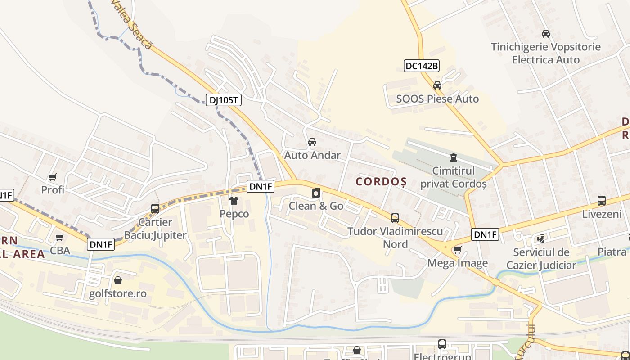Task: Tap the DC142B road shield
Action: pos(422,66)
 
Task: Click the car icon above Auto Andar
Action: pos(312,142)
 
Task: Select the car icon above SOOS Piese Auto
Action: pos(437,85)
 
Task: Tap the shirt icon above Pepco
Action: pos(234,200)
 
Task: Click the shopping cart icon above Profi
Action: pos(53,177)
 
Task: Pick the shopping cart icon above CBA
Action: pos(59,237)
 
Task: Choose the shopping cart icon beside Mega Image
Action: pos(457,250)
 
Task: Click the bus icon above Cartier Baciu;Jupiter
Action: pos(155,208)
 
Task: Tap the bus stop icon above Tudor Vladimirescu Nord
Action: pos(395,218)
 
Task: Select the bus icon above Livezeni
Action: pos(601,201)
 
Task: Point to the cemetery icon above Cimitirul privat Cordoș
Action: pos(453,157)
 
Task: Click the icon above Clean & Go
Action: pos(316,193)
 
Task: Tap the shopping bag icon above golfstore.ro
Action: pos(118,280)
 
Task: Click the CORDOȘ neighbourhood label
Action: pos(382,182)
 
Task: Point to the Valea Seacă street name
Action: pos(133,24)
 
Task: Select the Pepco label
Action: pos(234,214)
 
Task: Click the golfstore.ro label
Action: pos(118,294)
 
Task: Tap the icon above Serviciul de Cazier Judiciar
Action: pos(541,238)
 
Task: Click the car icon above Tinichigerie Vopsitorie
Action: pos(545,33)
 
